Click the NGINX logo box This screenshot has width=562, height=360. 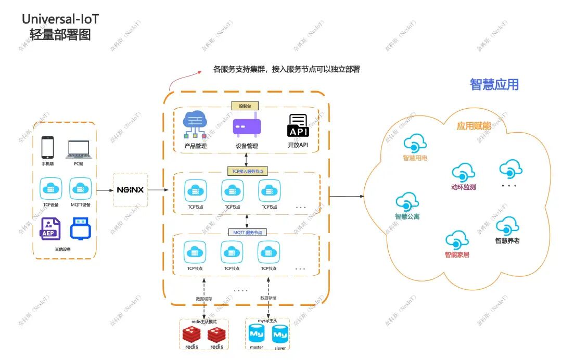pos(130,190)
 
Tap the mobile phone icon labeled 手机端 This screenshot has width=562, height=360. pos(48,148)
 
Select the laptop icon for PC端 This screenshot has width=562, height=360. pos(79,150)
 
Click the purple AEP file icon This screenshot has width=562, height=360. pos(50,229)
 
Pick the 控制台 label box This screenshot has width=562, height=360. pos(245,106)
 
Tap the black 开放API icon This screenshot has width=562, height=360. pos(298,125)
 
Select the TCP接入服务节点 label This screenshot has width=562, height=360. pos(247,171)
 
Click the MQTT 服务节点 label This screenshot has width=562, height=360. pos(247,232)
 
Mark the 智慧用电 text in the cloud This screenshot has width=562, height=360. pos(415,158)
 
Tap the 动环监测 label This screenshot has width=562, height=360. pos(463,187)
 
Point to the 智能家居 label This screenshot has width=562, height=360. pos(456,255)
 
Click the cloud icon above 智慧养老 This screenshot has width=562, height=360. pos(507,226)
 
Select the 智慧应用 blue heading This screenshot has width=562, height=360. pos(494,84)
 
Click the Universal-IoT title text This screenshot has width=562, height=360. pos(60,19)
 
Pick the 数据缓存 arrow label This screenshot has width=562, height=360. pos(204,299)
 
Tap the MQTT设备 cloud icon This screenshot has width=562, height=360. pos(80,188)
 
